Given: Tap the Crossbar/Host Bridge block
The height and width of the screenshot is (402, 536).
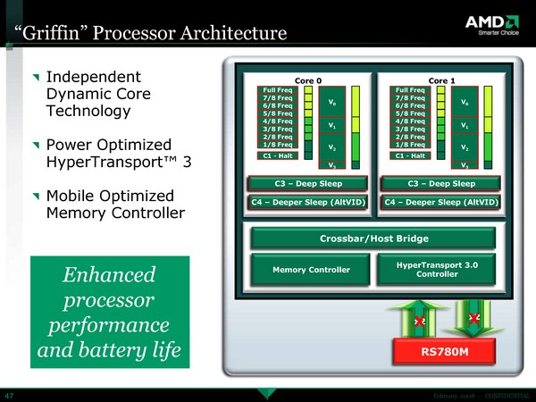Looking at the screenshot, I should [x=373, y=239].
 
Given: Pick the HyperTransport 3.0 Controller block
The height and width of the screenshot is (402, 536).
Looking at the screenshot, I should [x=438, y=268].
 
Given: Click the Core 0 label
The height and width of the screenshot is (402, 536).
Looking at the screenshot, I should [x=307, y=80].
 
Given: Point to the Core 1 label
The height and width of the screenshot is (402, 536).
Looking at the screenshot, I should [x=441, y=80].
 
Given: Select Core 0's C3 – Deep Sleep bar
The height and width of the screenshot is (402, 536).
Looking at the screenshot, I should [x=307, y=184].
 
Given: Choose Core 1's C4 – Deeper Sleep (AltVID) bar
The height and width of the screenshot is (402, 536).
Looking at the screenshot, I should [x=441, y=202].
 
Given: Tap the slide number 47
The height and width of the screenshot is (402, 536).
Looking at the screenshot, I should [x=9, y=394].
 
